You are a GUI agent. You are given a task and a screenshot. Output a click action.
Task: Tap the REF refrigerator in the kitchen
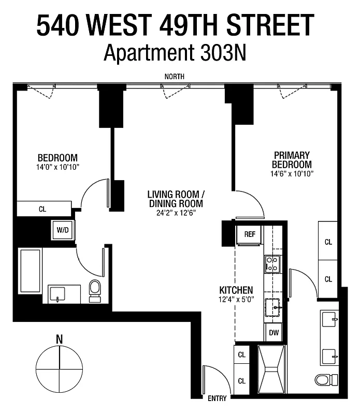(250, 234)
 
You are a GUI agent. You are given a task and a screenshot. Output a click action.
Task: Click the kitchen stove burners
(272, 263)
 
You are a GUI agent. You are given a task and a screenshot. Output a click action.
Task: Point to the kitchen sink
(273, 307)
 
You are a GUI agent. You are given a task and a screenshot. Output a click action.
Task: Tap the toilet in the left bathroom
(95, 290)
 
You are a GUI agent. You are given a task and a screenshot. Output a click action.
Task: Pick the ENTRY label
(217, 398)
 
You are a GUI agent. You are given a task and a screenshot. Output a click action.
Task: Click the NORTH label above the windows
(174, 77)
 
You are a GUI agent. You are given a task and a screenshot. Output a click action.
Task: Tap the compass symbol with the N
(60, 365)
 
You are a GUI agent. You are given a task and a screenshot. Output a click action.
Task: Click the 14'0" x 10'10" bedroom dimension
(57, 167)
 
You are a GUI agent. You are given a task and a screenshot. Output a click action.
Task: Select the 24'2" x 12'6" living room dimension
(176, 212)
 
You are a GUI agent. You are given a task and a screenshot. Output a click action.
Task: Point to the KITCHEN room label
(236, 290)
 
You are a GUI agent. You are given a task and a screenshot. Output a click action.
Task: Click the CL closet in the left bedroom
(43, 209)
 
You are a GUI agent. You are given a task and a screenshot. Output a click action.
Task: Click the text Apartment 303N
(175, 53)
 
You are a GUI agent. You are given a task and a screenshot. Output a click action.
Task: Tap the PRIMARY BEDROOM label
(292, 160)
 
